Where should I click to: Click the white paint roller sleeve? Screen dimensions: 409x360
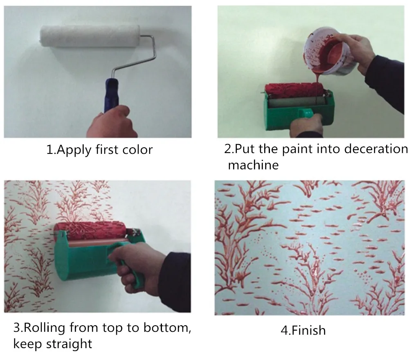pos(90,36)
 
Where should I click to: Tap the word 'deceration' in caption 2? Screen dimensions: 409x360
pos(376,149)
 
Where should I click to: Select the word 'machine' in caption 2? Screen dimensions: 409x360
pos(253,165)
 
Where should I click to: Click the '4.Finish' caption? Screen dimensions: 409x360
pos(303,331)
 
